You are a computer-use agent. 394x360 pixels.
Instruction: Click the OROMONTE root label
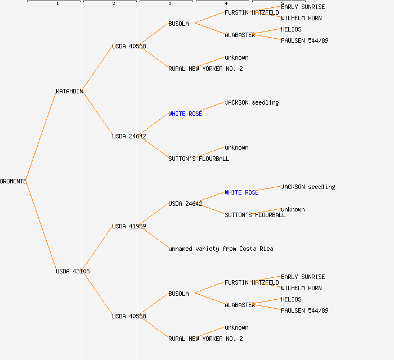pyautogui.click(x=13, y=181)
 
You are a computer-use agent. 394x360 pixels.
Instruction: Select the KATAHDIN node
pyautogui.click(x=69, y=91)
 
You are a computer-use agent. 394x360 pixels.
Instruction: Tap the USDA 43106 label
pyautogui.click(x=73, y=271)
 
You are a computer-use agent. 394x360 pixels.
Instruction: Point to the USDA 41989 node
pyautogui.click(x=129, y=226)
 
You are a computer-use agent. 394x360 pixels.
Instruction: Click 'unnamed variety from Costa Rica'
pyautogui.click(x=221, y=249)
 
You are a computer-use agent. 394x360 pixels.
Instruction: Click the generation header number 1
pyautogui.click(x=57, y=4)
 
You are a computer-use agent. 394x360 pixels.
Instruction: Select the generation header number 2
pyautogui.click(x=114, y=4)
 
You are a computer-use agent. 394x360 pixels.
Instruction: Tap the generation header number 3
pyautogui.click(x=170, y=4)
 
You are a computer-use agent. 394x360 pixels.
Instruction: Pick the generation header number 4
pyautogui.click(x=226, y=4)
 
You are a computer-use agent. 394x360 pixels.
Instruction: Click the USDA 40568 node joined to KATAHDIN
pyautogui.click(x=129, y=46)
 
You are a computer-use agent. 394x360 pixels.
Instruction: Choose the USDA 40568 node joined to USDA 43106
pyautogui.click(x=129, y=316)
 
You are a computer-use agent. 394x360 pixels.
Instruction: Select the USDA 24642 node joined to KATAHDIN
pyautogui.click(x=129, y=136)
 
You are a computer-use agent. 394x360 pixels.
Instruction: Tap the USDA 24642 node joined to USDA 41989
pyautogui.click(x=185, y=204)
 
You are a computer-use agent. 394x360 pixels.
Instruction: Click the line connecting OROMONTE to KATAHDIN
pyautogui.click(x=41, y=136)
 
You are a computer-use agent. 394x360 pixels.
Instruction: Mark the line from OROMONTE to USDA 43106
pyautogui.click(x=41, y=226)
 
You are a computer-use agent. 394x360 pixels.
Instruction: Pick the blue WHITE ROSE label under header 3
pyautogui.click(x=185, y=114)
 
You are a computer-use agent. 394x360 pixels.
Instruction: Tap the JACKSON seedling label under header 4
pyautogui.click(x=252, y=102)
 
